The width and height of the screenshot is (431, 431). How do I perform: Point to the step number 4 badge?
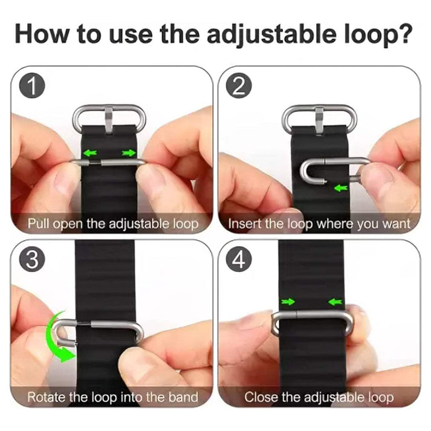(238, 260)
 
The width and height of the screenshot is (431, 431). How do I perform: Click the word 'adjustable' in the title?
(259, 34)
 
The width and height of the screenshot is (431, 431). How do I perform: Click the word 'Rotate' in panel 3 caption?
(46, 397)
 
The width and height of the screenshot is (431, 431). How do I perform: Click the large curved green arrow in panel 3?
(57, 339)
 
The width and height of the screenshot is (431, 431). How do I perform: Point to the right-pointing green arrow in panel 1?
(128, 154)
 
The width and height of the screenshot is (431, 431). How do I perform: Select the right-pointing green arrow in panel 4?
(288, 301)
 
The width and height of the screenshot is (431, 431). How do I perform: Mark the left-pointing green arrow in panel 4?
(335, 301)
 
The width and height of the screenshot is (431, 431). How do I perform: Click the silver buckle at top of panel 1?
(109, 117)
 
